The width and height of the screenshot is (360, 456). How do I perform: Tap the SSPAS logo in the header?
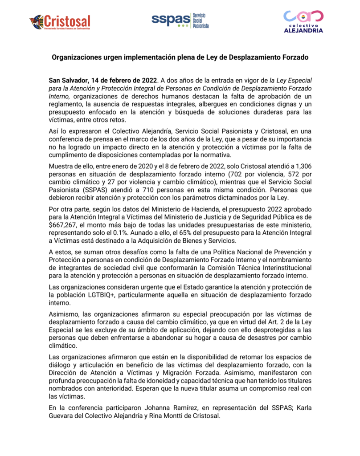point(178,20)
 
